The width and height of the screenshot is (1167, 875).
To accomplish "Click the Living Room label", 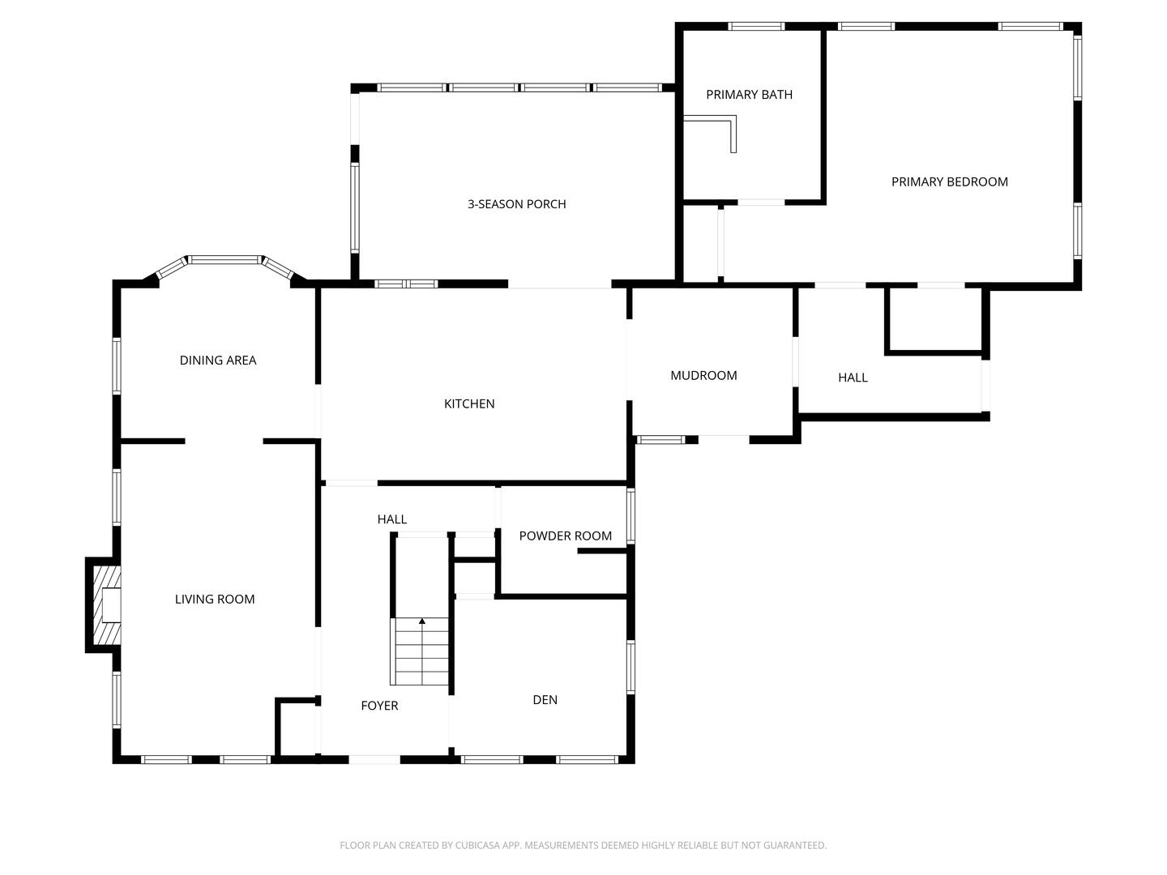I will pyautogui.click(x=215, y=599).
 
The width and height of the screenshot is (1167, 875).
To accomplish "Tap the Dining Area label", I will pyautogui.click(x=218, y=361).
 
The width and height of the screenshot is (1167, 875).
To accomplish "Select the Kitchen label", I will pyautogui.click(x=469, y=403).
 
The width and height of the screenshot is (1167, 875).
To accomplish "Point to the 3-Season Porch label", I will pyautogui.click(x=516, y=204).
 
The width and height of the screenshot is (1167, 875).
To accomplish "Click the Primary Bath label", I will pyautogui.click(x=749, y=95).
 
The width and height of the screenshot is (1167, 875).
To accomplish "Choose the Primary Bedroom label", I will pyautogui.click(x=949, y=181).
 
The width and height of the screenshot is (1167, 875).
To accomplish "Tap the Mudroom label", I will pyautogui.click(x=703, y=375).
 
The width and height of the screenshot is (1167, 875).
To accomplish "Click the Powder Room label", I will pyautogui.click(x=565, y=536).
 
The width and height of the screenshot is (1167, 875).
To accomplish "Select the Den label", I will pyautogui.click(x=545, y=700).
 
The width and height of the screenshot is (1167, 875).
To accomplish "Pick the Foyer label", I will pyautogui.click(x=379, y=706).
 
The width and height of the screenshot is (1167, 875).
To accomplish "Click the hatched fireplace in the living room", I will pyautogui.click(x=106, y=604).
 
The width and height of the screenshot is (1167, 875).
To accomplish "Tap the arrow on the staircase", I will pyautogui.click(x=421, y=621).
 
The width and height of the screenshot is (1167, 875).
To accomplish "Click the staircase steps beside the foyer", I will pyautogui.click(x=421, y=652).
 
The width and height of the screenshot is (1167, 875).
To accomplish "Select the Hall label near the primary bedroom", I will pyautogui.click(x=853, y=378).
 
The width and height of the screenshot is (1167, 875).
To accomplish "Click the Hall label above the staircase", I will pyautogui.click(x=391, y=519).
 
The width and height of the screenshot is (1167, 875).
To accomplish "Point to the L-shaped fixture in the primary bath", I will pyautogui.click(x=721, y=130).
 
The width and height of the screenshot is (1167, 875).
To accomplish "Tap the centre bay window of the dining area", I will pyautogui.click(x=224, y=260).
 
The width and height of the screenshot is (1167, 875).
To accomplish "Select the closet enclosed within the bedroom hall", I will pyautogui.click(x=935, y=320).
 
